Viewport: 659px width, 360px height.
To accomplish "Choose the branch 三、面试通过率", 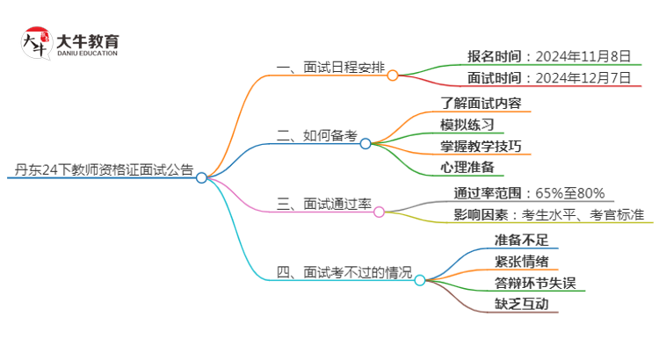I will [x=324, y=205].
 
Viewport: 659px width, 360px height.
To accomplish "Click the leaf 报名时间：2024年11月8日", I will [x=548, y=57].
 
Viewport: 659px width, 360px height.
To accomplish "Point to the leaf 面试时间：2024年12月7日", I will [x=548, y=78].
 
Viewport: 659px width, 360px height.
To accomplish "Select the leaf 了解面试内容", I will [x=486, y=103].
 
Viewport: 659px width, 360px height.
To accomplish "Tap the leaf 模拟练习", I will [x=467, y=124].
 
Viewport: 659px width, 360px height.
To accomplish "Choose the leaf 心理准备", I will [x=467, y=167].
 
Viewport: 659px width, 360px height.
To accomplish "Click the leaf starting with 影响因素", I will [x=548, y=215].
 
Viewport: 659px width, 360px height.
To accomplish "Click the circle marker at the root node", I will [x=201, y=177].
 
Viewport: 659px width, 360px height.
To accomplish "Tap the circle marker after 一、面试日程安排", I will [x=393, y=76].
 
